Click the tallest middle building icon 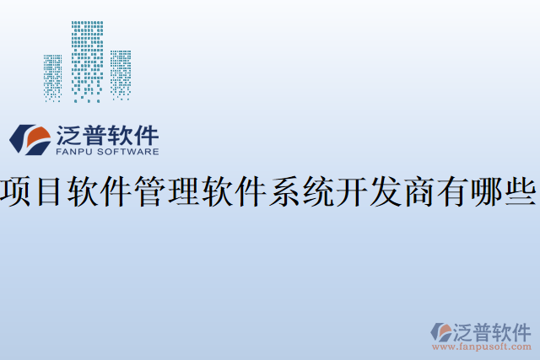pos(87,61)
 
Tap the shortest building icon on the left pos(52,78)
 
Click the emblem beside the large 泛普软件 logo pos(30,140)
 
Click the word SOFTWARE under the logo pos(129,153)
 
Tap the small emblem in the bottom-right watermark pos(440,331)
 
